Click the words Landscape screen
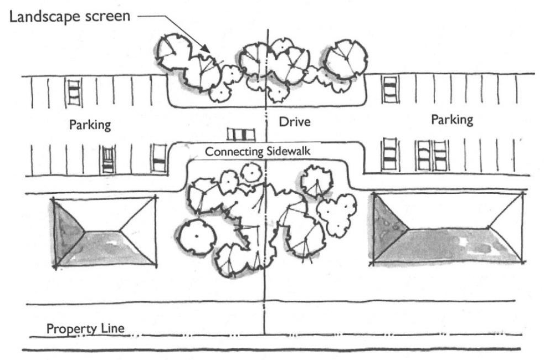click(x=69, y=16)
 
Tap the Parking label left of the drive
click(x=90, y=124)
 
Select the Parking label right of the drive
click(x=452, y=119)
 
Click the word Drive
click(x=294, y=121)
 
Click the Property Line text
click(x=85, y=328)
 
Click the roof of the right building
click(x=448, y=228)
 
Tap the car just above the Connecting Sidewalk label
click(x=241, y=134)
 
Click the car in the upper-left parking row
click(x=74, y=92)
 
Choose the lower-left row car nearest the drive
click(x=159, y=158)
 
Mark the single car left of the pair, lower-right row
click(x=389, y=155)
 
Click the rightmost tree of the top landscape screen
click(x=346, y=58)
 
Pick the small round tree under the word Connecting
click(x=252, y=172)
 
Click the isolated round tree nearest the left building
click(x=197, y=236)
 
